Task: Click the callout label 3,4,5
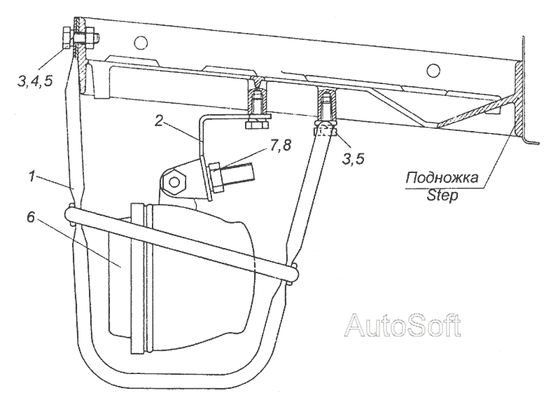(35, 81)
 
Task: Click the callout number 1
(33, 176)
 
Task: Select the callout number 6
(31, 217)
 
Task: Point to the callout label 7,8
(280, 146)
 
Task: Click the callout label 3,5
(353, 158)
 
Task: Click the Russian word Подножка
(442, 177)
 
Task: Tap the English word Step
(442, 195)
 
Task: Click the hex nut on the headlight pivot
(174, 182)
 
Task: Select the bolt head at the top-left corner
(66, 39)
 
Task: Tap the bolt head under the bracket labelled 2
(257, 125)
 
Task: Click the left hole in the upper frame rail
(141, 43)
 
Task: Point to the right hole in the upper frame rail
(433, 69)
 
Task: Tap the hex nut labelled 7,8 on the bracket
(216, 178)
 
